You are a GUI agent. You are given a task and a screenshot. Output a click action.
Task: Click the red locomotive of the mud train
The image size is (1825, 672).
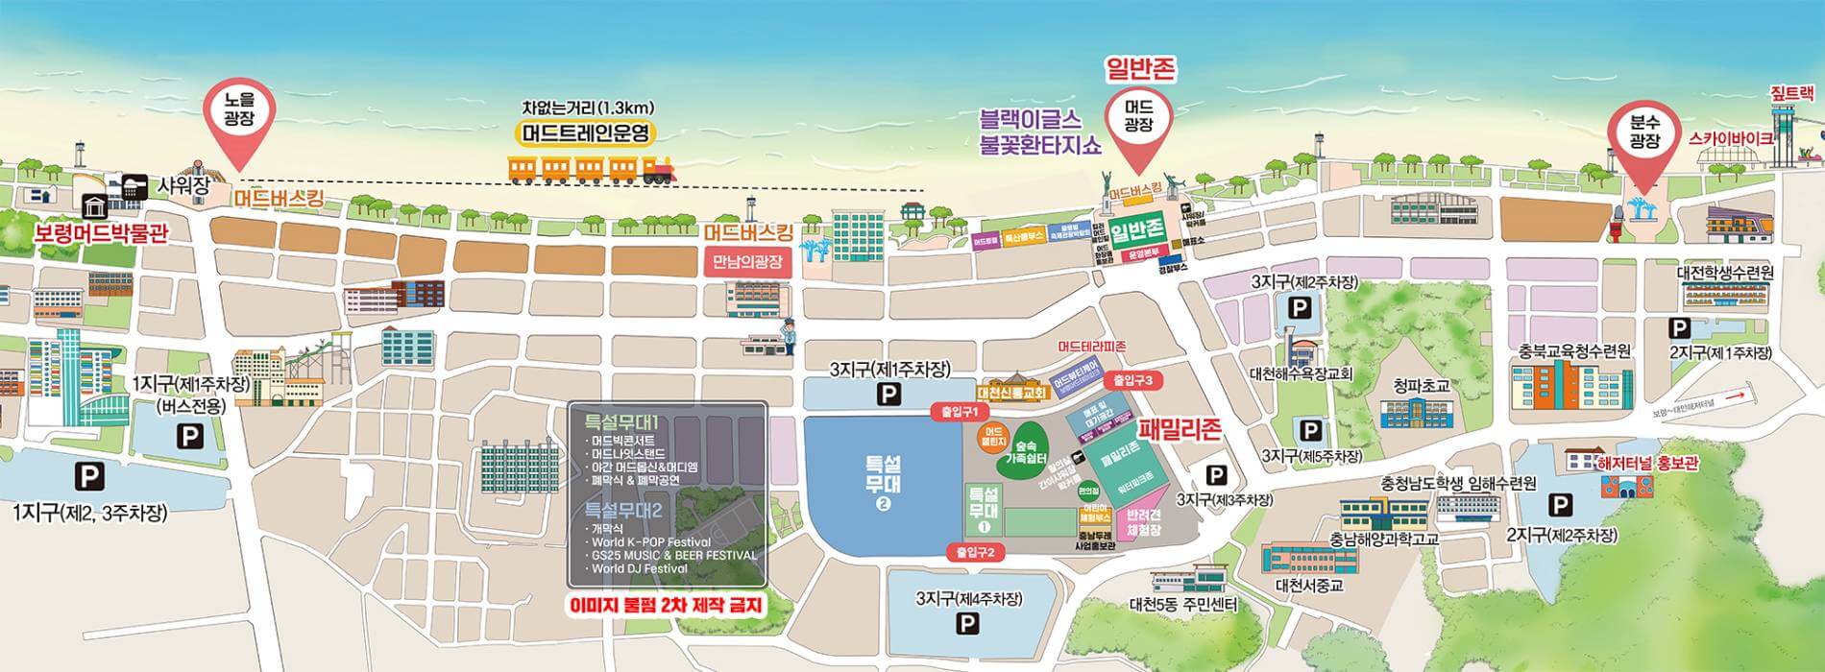[658, 172]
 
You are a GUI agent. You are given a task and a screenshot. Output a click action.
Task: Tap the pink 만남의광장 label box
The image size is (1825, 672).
[748, 261]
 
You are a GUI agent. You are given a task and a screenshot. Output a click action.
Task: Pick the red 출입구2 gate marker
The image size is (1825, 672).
[974, 552]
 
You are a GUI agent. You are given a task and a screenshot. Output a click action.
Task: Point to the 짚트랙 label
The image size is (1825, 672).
[1792, 94]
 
